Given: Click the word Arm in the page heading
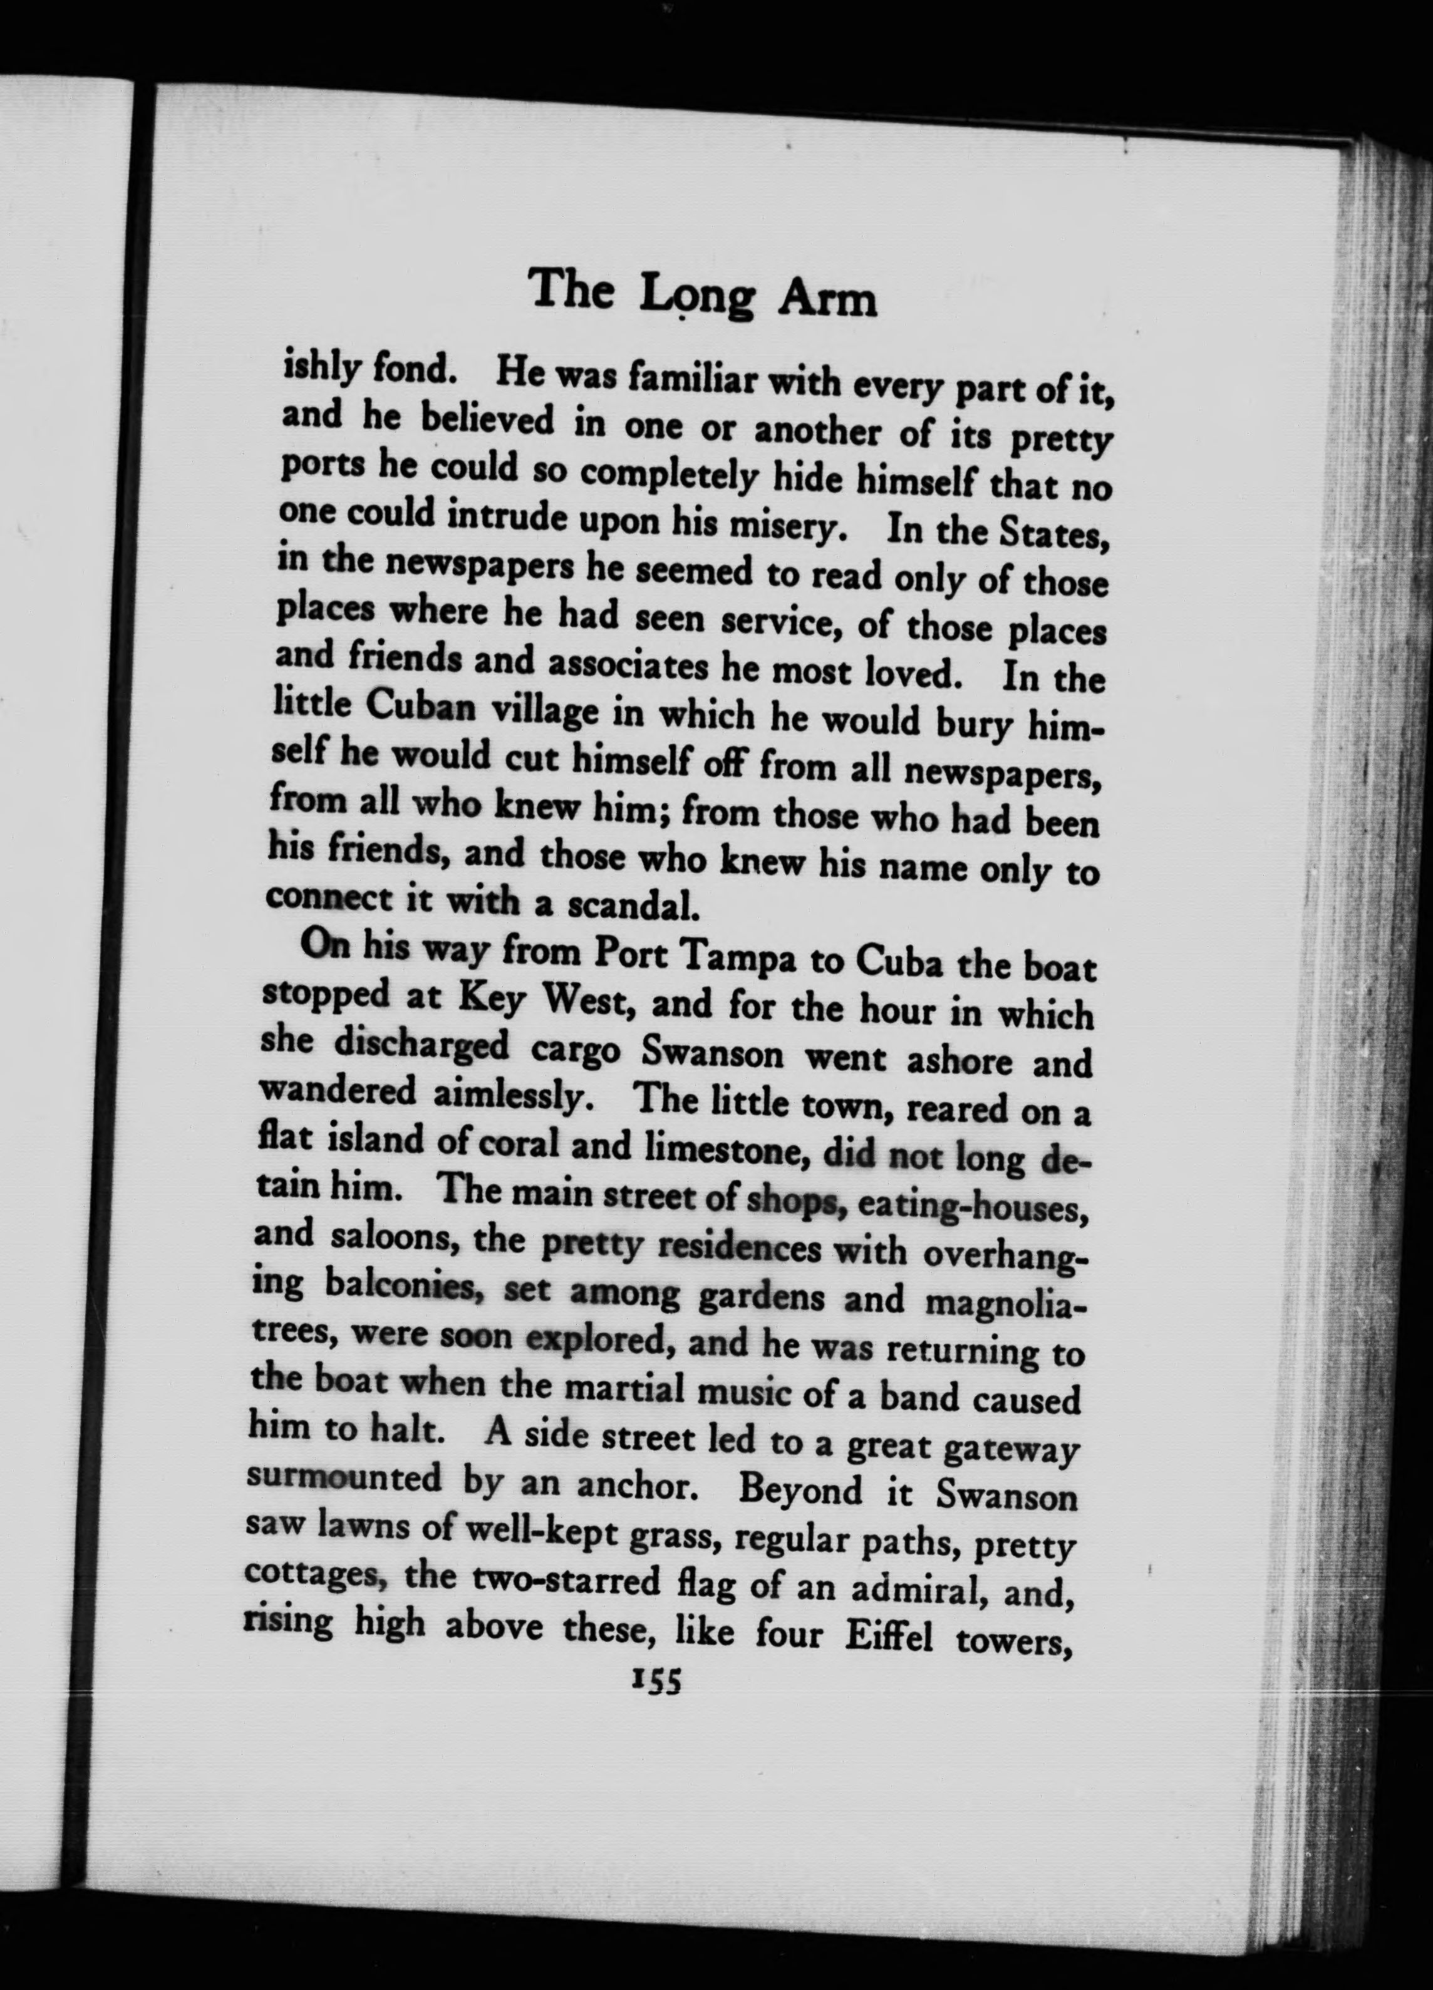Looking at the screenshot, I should [827, 299].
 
